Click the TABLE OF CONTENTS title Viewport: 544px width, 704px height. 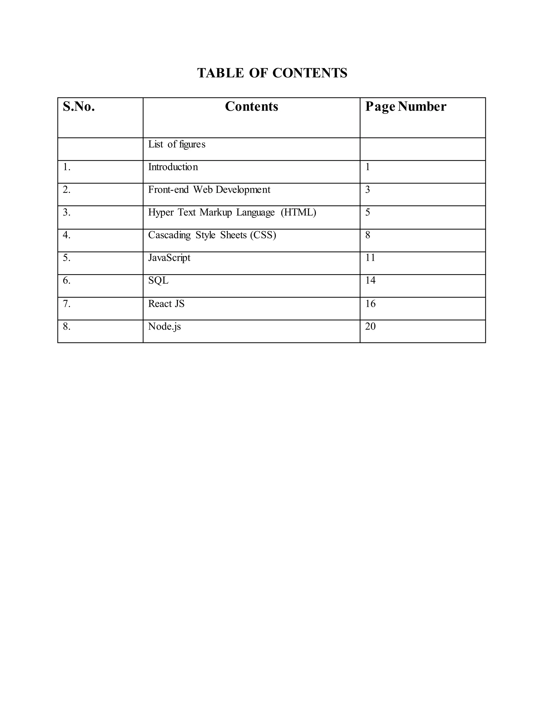click(272, 73)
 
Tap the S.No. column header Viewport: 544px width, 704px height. click(79, 107)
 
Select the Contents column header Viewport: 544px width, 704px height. click(251, 107)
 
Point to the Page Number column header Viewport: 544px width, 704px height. click(405, 107)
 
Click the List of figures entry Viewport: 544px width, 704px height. click(177, 145)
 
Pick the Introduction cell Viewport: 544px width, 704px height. click(173, 167)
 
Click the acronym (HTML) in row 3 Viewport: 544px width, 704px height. click(298, 213)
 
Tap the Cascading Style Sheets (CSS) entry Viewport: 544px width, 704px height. click(212, 235)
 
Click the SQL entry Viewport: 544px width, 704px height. click(158, 281)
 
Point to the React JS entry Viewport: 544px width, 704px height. click(166, 304)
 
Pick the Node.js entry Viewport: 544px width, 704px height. click(164, 326)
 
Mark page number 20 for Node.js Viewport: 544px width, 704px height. click(370, 326)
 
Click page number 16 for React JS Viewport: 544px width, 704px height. click(370, 304)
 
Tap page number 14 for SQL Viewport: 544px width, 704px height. click(370, 281)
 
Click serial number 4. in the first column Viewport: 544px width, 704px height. click(67, 235)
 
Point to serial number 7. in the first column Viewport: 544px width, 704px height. click(67, 304)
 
